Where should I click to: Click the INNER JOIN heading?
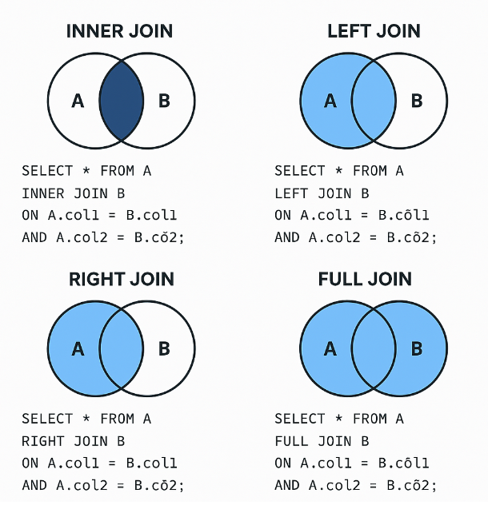point(120,32)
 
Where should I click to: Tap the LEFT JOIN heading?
point(374,32)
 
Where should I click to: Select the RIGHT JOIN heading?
point(121,280)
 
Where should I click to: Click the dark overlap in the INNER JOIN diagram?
point(121,101)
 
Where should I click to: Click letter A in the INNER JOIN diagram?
point(78,101)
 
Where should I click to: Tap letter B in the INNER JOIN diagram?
point(164,101)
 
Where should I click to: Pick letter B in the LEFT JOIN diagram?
point(417,101)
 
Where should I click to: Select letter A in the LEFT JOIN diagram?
point(330,101)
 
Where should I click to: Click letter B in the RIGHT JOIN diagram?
point(164,348)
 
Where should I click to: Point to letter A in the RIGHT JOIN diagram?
point(78,348)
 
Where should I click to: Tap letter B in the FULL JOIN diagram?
point(417,348)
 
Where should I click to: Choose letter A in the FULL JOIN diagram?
point(330,348)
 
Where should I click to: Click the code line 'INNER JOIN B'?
point(74,193)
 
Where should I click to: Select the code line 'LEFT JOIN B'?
point(322,193)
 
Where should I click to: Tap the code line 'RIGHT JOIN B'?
point(74,441)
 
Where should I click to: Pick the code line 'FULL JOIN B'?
point(322,441)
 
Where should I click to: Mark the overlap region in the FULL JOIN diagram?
point(374,348)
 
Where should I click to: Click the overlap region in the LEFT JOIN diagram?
point(374,101)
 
